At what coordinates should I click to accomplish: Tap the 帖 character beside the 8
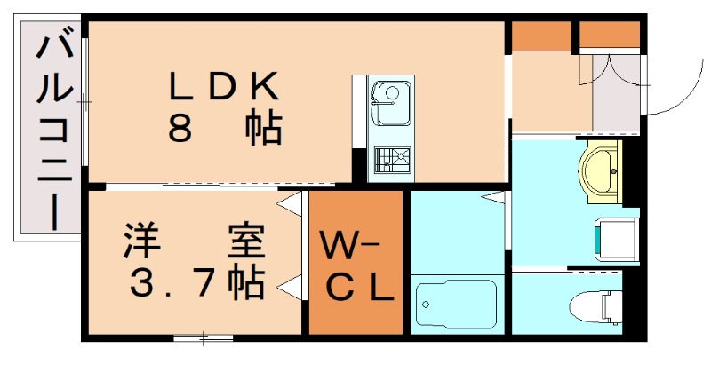[x=264, y=131]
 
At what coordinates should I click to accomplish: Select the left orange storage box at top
[x=541, y=35]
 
